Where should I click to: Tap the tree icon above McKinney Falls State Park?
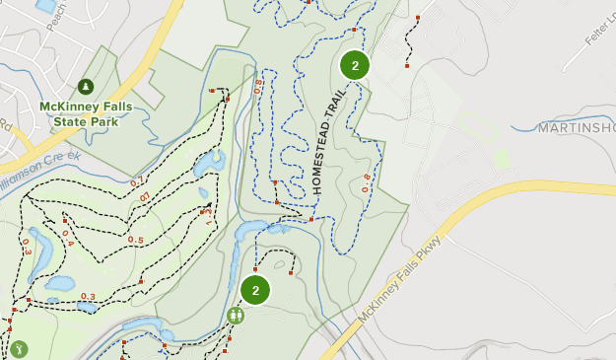point(86,87)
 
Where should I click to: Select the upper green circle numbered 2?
point(355,66)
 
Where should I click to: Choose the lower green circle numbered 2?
point(255,290)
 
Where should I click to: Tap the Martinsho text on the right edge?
point(577,128)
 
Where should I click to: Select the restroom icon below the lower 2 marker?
point(236,316)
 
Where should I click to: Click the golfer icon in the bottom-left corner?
point(18,349)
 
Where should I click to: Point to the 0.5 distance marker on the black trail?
point(135,240)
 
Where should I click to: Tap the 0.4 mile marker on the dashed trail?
point(67,238)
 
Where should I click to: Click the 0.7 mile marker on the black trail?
point(137,180)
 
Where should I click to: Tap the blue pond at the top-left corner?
point(45,6)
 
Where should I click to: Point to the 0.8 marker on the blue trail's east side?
point(367,183)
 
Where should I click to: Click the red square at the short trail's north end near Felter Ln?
point(419,18)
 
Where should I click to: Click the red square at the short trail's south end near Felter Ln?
point(406,67)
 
